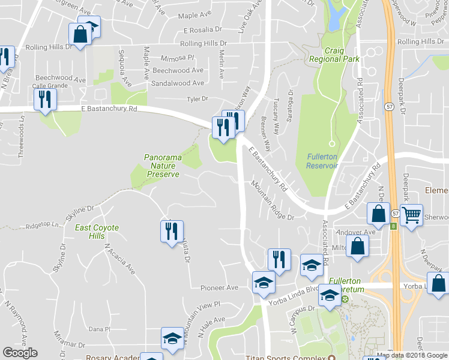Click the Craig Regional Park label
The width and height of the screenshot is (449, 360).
pos(333,55)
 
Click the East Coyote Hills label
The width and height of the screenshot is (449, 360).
pos(97,232)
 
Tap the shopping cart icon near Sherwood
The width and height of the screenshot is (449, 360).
pos(411,214)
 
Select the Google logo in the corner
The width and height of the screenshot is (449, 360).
pos(20,353)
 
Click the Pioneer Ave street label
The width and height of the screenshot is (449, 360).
pos(220,288)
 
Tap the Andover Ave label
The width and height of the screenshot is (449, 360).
pos(357,232)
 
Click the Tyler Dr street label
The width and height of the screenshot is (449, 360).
pos(197,99)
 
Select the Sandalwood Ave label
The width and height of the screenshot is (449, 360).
pos(178,83)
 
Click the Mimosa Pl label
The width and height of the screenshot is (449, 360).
pos(178,58)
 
